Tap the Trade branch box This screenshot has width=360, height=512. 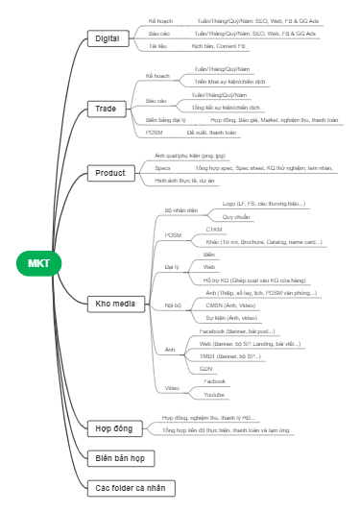pos(106,109)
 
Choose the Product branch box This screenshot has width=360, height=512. pos(109,173)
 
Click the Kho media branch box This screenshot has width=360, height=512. pos(114,304)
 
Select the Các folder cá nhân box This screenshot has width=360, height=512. pos(130,488)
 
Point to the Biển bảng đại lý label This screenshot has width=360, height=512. pos(165,120)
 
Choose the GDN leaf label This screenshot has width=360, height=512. pos(205,368)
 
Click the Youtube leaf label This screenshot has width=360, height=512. pos(213,394)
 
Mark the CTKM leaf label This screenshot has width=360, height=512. pos(213,230)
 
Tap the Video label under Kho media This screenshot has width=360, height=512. pos(172,387)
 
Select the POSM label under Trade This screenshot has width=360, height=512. pos(154,133)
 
